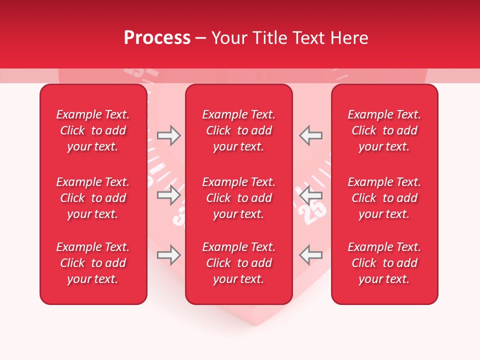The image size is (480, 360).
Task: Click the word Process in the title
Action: coord(157,38)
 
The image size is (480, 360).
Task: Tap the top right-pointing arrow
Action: coord(168,135)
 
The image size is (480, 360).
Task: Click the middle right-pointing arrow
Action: coord(168,195)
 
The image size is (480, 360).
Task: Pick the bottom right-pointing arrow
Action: coord(168,255)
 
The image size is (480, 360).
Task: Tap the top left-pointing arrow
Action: coord(311,135)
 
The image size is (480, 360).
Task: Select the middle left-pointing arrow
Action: coord(311,195)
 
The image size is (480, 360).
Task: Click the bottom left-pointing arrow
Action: coord(311,255)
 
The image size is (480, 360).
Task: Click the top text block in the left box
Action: coord(93,130)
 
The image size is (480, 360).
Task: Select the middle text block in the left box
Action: coord(93,198)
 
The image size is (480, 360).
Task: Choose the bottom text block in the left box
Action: coord(93,263)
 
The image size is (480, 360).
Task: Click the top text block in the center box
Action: coord(239,130)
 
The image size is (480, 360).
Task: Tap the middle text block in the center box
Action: coord(239,198)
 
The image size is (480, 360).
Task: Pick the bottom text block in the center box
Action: coord(239,263)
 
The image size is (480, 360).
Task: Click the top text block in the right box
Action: coord(384,130)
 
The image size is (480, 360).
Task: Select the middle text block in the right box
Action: coord(384,198)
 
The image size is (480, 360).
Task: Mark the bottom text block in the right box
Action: coord(384,263)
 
